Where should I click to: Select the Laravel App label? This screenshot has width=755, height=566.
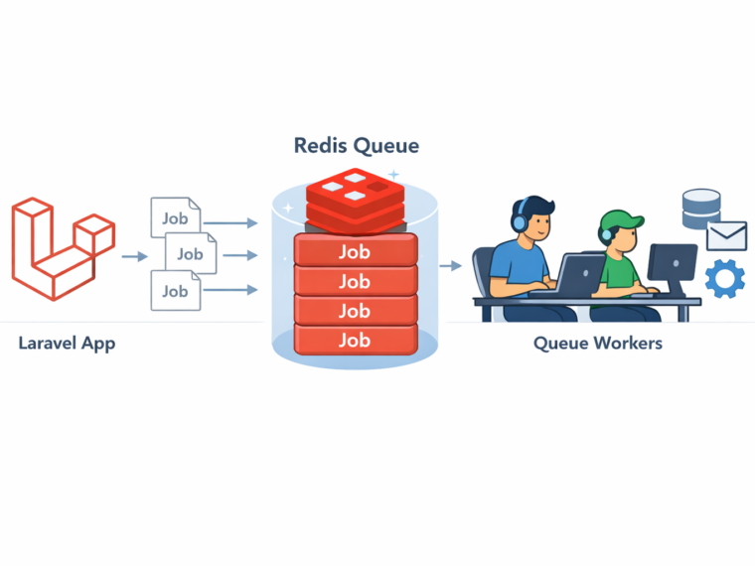67,344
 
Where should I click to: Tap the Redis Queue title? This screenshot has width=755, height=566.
357,145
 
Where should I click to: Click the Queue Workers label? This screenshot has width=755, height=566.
598,344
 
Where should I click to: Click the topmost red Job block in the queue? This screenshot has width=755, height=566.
355,252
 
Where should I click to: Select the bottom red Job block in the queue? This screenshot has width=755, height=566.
355,340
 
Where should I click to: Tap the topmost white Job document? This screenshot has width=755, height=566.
175,217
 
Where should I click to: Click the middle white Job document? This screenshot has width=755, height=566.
189,254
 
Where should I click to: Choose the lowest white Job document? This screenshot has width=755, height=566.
175,291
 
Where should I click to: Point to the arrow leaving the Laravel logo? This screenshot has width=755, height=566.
134,256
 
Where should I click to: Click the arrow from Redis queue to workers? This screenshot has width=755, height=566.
450,265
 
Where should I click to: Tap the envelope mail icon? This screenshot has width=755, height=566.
726,235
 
